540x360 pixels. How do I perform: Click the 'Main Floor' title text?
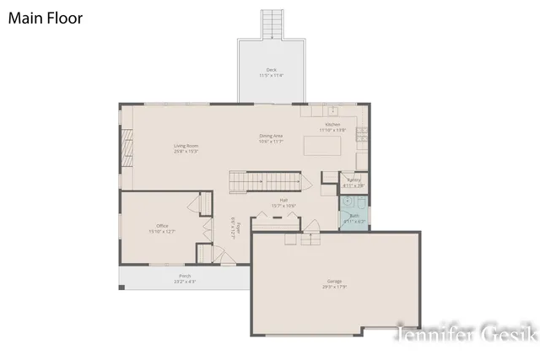pos(46,18)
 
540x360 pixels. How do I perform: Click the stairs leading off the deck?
pos(272,24)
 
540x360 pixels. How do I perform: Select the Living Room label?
pos(186,149)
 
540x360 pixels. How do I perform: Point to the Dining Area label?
pos(271,138)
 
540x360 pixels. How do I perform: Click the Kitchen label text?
pos(333,127)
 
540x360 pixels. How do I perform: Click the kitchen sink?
pos(333,110)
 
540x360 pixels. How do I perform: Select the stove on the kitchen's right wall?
pos(362,133)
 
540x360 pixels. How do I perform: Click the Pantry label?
pos(354,181)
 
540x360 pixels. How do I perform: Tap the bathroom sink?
pos(347,203)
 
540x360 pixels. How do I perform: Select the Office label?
pos(162,228)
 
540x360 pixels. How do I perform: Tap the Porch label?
pos(185,278)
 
